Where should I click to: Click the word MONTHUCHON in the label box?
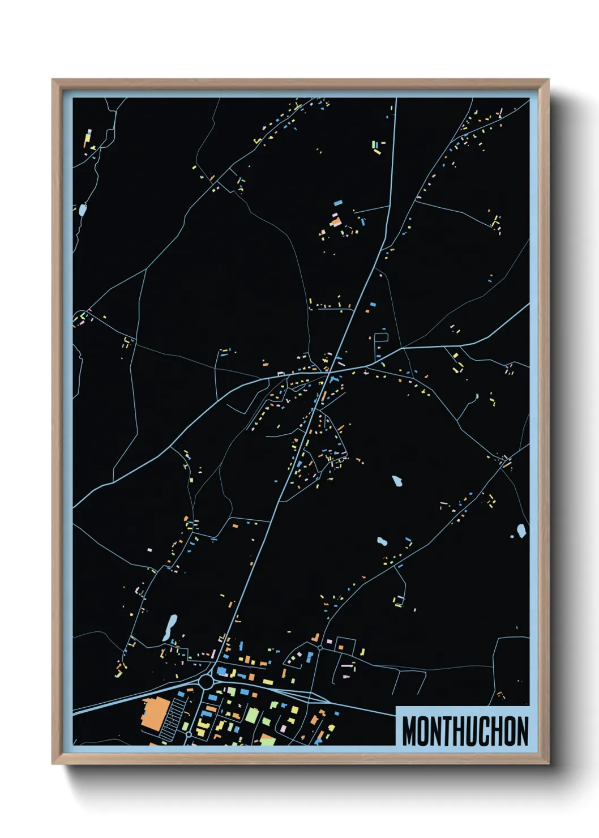point(465,731)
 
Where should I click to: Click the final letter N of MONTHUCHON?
point(521,731)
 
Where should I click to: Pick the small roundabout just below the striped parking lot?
point(189,734)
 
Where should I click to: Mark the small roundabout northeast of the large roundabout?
point(320,647)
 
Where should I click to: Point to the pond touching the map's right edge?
point(521,531)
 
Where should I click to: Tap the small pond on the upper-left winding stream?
point(83,210)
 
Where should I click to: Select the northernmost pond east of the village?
point(397,482)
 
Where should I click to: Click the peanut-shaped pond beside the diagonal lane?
point(382,542)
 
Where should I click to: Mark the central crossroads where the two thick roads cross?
point(328,371)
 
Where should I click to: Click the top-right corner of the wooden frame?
point(548,80)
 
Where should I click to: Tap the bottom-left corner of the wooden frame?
point(53,763)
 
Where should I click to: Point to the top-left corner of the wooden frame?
point(53,80)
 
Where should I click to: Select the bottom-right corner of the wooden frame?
point(548,763)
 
